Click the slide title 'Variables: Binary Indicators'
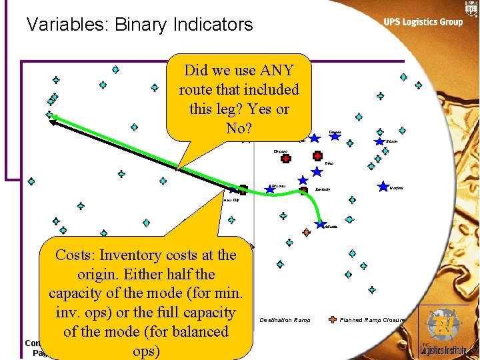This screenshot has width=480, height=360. coord(139,25)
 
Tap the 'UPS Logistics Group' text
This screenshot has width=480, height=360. coord(423,22)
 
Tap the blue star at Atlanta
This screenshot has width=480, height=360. coord(320,223)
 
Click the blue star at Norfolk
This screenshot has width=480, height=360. coord(383,187)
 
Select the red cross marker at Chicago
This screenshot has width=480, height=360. coord(286,159)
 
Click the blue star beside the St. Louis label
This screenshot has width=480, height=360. coord(270,189)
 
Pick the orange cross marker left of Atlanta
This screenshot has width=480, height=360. coord(306,232)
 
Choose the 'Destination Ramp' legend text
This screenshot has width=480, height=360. coord(285,320)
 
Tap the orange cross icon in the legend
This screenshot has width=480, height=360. coord(332,319)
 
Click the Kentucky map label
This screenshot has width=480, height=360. coord(323,190)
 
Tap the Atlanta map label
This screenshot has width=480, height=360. coord(331,227)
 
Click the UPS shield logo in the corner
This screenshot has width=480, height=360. coord(471,8)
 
